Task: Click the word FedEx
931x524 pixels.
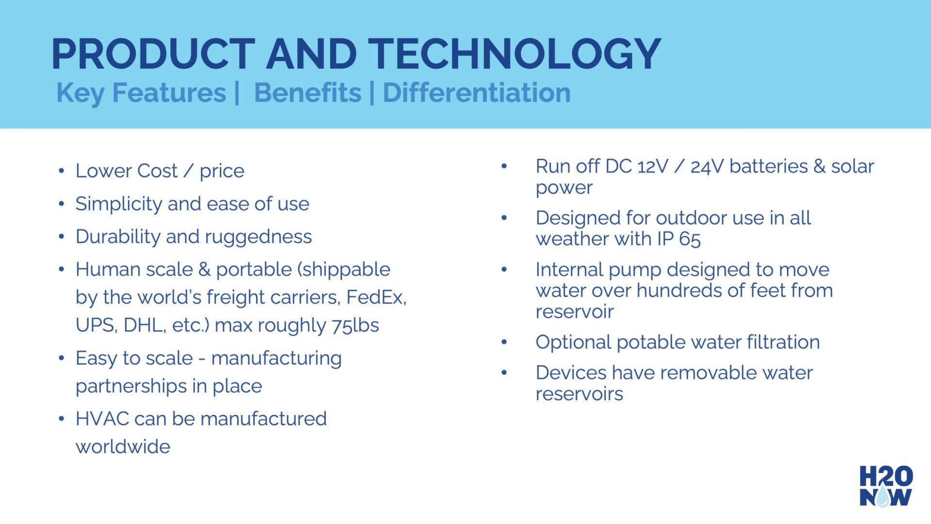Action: click(376, 297)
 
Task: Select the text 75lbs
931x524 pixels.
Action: click(355, 325)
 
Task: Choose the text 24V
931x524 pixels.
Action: click(707, 166)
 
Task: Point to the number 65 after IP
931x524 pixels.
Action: click(690, 239)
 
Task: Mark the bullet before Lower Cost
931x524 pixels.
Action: click(61, 171)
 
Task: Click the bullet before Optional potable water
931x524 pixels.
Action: click(504, 342)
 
